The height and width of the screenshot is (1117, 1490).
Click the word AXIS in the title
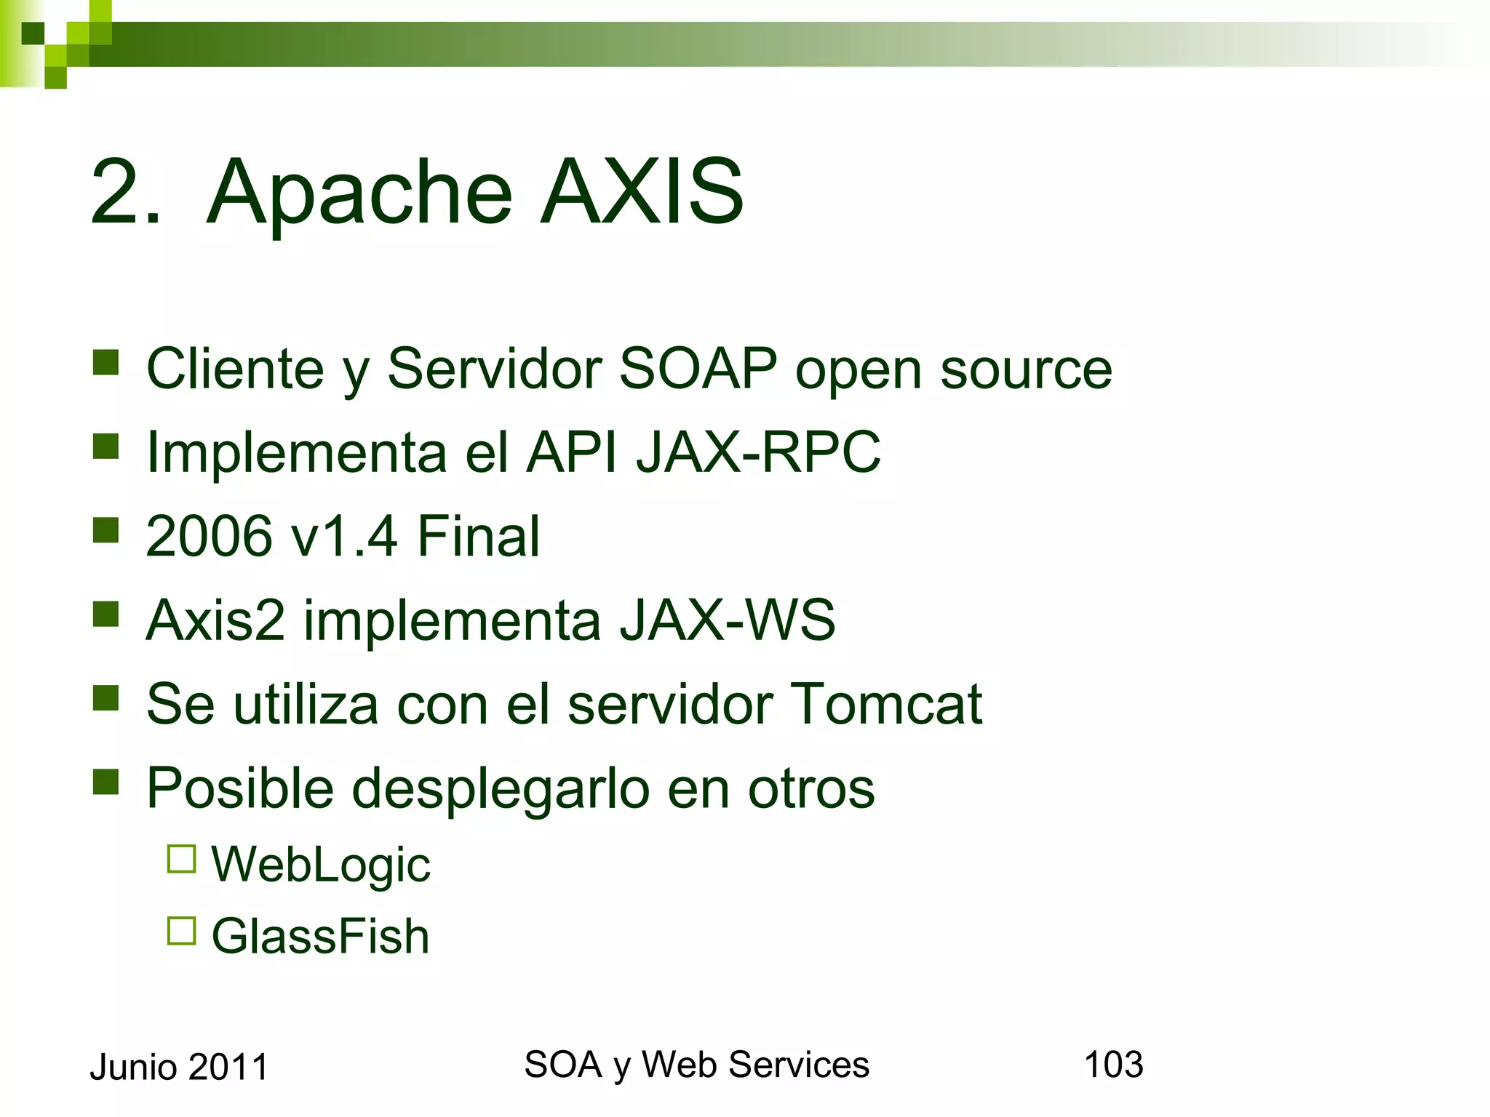coord(642,192)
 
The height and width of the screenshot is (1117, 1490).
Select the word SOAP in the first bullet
coord(698,369)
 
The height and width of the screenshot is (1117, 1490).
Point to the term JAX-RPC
coord(758,452)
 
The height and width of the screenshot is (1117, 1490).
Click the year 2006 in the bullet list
coord(209,537)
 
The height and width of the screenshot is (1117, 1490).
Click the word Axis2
coord(215,620)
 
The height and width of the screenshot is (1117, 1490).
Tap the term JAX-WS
coord(727,620)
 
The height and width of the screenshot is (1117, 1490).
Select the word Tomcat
coord(885,704)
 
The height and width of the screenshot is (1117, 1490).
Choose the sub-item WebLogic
coord(321,865)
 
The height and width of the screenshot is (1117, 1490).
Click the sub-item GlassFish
coord(320,936)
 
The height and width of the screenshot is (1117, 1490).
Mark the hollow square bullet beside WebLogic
coord(182,859)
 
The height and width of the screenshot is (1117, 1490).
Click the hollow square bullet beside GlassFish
coord(182,930)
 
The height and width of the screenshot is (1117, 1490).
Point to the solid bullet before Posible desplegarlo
coord(106,782)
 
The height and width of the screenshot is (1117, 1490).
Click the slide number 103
coord(1113,1065)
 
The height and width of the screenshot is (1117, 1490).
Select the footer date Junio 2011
coord(179,1068)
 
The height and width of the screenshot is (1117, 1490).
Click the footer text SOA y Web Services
coord(696,1065)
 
